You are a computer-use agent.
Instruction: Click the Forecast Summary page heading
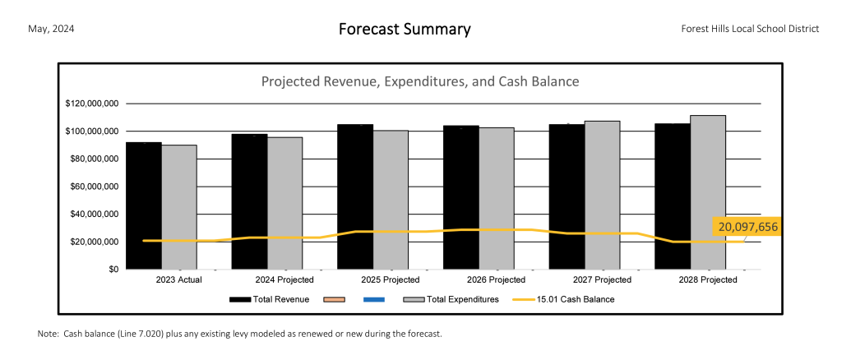pos(405,30)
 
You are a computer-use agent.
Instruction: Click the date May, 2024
pos(51,29)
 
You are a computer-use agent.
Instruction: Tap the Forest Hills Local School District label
pos(750,29)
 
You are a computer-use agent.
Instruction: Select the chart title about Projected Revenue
pos(420,82)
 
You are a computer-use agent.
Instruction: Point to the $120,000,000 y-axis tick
pos(92,104)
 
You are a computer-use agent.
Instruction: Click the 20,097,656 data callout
pos(747,227)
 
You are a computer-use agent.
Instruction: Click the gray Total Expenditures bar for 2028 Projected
pos(707,192)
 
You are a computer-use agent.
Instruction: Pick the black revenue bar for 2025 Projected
pos(355,196)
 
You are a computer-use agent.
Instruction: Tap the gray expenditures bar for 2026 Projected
pos(496,198)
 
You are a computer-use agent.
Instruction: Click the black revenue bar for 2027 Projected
pos(567,196)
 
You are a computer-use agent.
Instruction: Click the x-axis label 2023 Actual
pos(178,280)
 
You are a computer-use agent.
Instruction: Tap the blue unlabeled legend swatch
pos(374,300)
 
